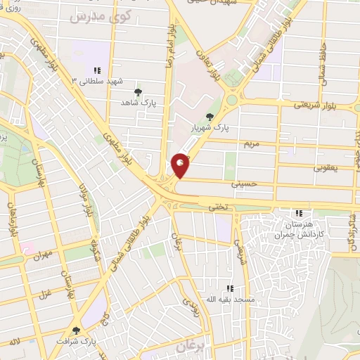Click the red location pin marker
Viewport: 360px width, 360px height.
click(181, 165)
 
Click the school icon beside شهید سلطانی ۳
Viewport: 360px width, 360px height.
click(97, 70)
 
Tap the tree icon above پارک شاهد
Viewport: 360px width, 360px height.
click(138, 91)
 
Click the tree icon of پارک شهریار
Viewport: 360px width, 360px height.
click(208, 117)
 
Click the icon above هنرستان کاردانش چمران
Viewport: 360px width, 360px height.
click(299, 213)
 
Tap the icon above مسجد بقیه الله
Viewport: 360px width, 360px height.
click(230, 288)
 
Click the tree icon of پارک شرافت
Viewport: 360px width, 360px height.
click(76, 330)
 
